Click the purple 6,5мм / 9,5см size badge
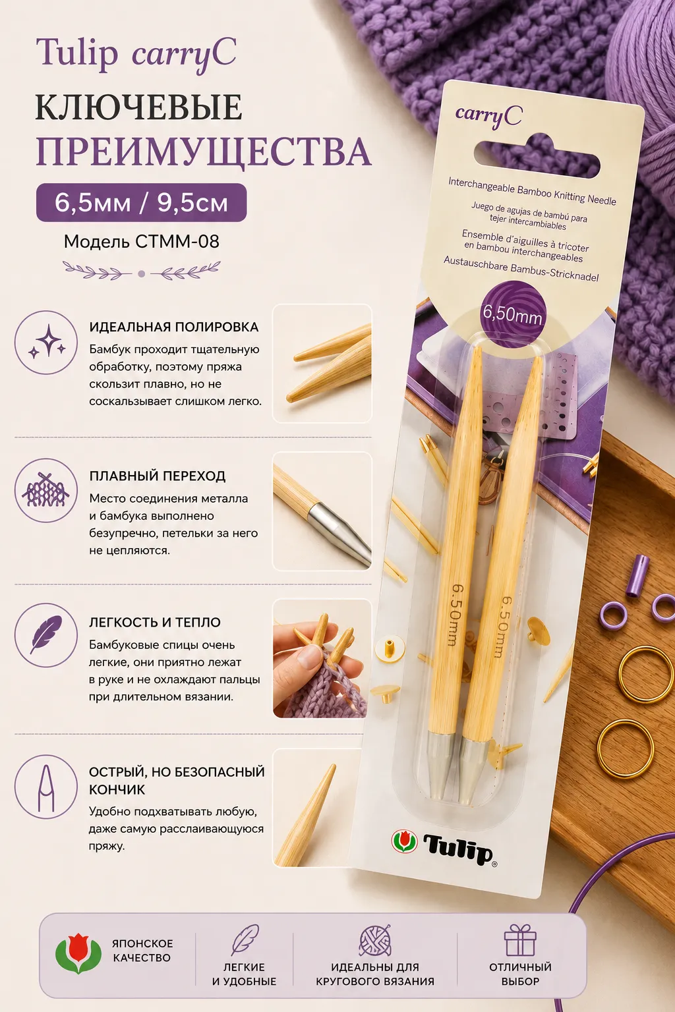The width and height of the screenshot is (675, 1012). click(x=141, y=202)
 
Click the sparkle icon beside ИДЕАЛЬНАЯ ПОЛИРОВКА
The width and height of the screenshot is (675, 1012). click(x=46, y=342)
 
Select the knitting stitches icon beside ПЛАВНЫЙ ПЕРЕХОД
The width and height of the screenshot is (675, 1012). click(x=46, y=490)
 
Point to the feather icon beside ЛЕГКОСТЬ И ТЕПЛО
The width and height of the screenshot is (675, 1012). click(x=46, y=634)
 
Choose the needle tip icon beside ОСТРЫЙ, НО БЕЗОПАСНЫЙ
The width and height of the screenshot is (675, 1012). click(x=46, y=787)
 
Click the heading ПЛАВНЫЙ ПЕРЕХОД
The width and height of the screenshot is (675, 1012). click(x=158, y=476)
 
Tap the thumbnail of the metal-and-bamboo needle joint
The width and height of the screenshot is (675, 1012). click(x=322, y=511)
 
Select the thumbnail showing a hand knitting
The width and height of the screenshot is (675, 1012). click(x=320, y=658)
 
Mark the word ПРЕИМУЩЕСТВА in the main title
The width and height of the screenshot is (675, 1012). click(x=204, y=152)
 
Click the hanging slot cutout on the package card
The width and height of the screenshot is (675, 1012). click(x=537, y=158)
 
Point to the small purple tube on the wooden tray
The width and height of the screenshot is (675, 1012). click(x=637, y=575)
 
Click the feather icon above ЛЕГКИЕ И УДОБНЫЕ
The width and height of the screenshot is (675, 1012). click(x=245, y=940)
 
